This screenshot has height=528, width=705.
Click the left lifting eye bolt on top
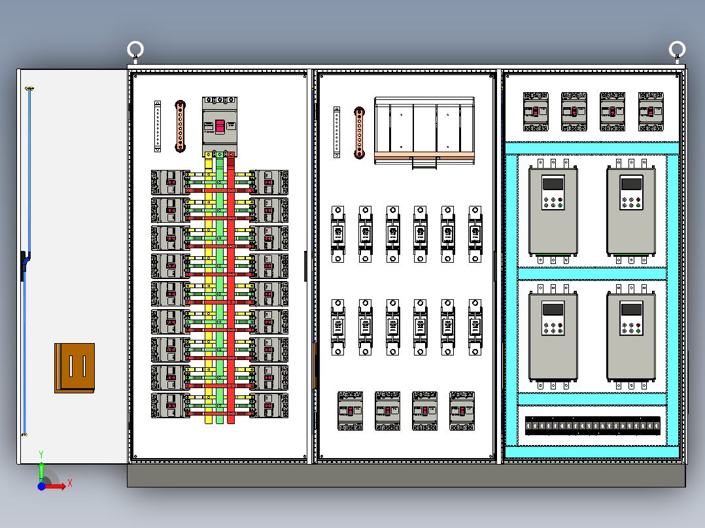click(x=135, y=50)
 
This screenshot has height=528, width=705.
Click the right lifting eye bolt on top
click(x=677, y=49)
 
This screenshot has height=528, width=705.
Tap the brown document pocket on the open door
click(x=75, y=368)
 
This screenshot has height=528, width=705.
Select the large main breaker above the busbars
click(x=219, y=126)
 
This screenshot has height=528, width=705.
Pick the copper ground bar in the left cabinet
click(x=180, y=126)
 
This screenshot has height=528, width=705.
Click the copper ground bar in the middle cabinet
click(x=359, y=133)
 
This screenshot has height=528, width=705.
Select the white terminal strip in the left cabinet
click(x=158, y=126)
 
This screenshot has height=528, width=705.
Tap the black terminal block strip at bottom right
click(x=593, y=426)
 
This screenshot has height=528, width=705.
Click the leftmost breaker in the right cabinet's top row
click(x=536, y=112)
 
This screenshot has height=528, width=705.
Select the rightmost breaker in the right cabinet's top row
click(x=651, y=112)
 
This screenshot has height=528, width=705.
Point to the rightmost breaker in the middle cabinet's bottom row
click(x=462, y=411)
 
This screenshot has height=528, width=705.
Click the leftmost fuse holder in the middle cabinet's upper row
click(x=338, y=234)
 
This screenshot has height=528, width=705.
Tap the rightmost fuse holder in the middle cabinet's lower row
click(x=475, y=327)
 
